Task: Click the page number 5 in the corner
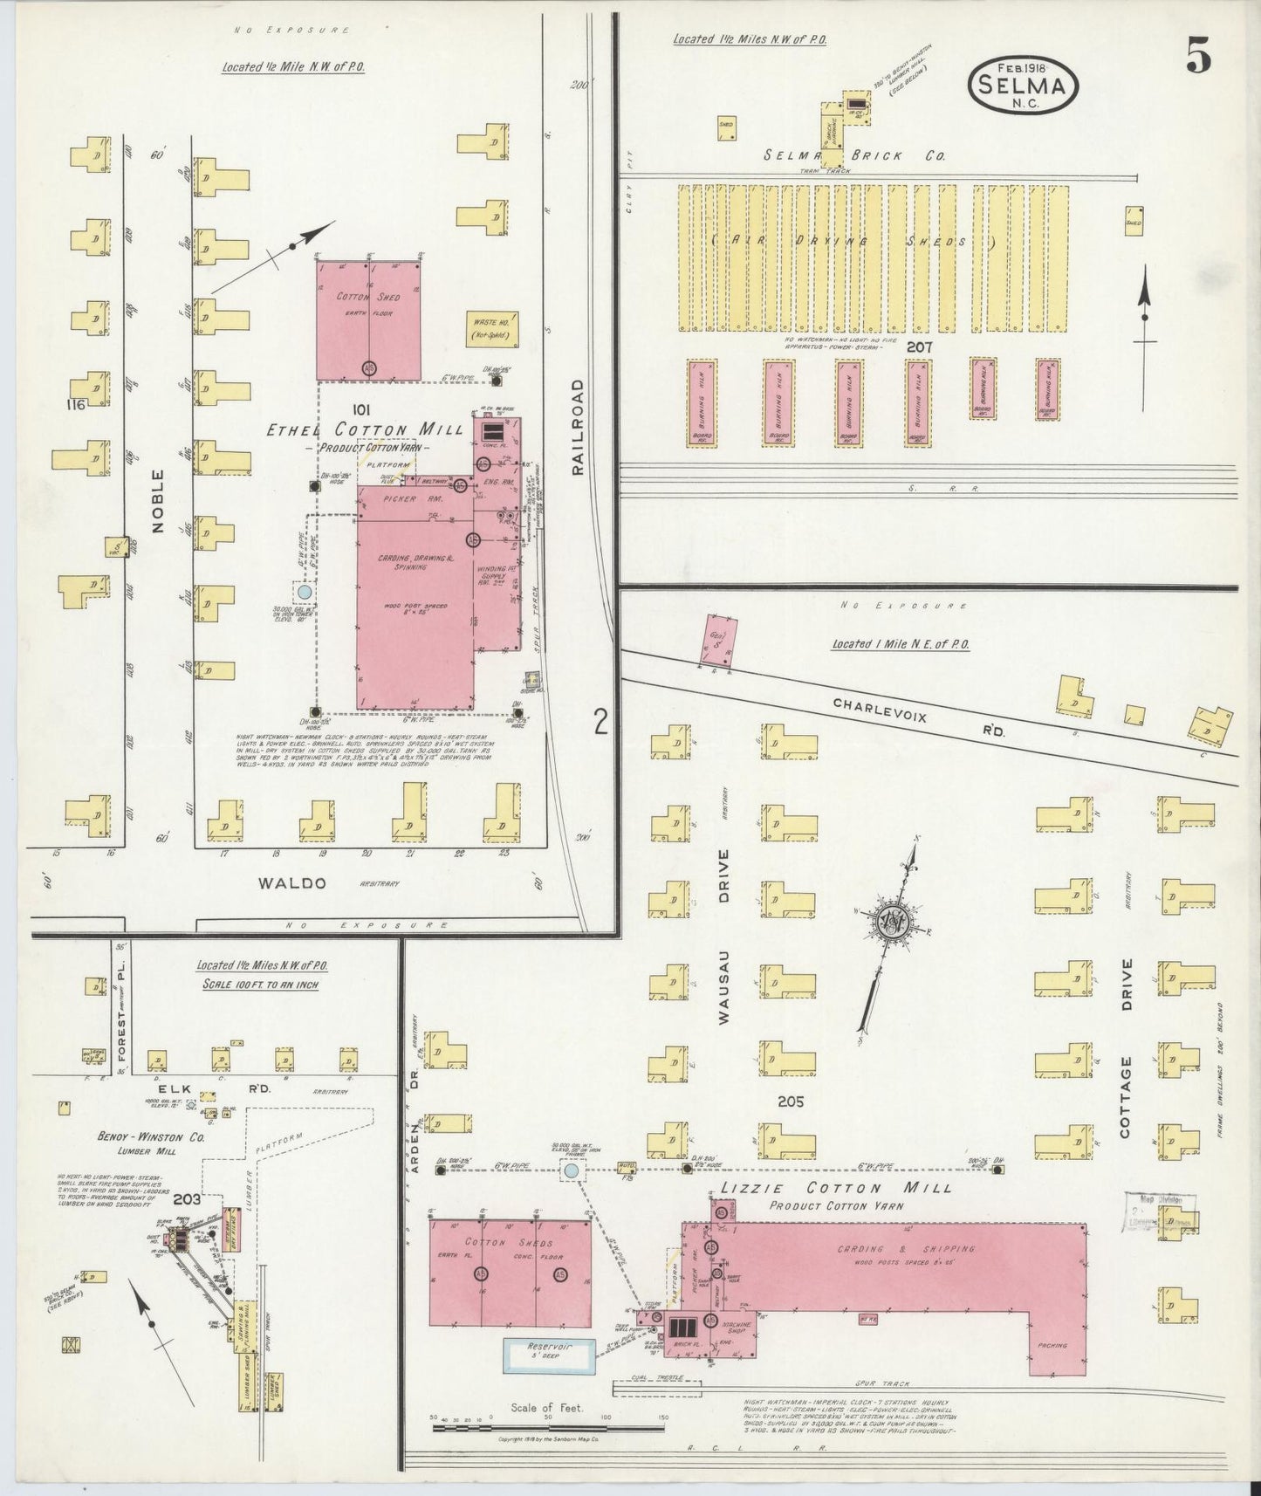click(1197, 57)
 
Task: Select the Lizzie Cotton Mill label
click(835, 1188)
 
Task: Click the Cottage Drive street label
click(1126, 1047)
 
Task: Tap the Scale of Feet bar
click(547, 1428)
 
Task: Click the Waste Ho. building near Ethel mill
click(495, 327)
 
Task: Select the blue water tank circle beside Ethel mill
click(305, 593)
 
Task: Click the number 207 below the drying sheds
click(919, 347)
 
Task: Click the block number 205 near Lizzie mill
click(791, 1101)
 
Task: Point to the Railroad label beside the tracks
click(578, 427)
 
